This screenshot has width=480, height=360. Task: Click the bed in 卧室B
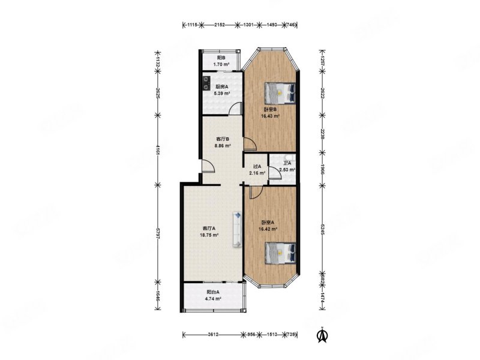pos(280,92)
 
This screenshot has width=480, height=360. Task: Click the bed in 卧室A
pos(280,251)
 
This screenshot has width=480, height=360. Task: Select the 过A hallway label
pos(257,167)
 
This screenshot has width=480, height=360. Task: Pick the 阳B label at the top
pos(221,57)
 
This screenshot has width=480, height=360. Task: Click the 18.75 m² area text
pos(210,235)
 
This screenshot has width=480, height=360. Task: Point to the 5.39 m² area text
pos(223,94)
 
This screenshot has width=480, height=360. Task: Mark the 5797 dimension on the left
pos(158,233)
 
